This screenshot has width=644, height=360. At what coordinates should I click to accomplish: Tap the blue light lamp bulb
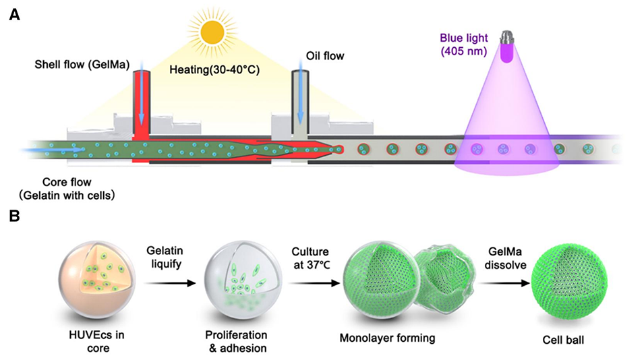(505, 47)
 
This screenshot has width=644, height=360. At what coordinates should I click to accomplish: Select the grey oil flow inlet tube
(299, 101)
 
